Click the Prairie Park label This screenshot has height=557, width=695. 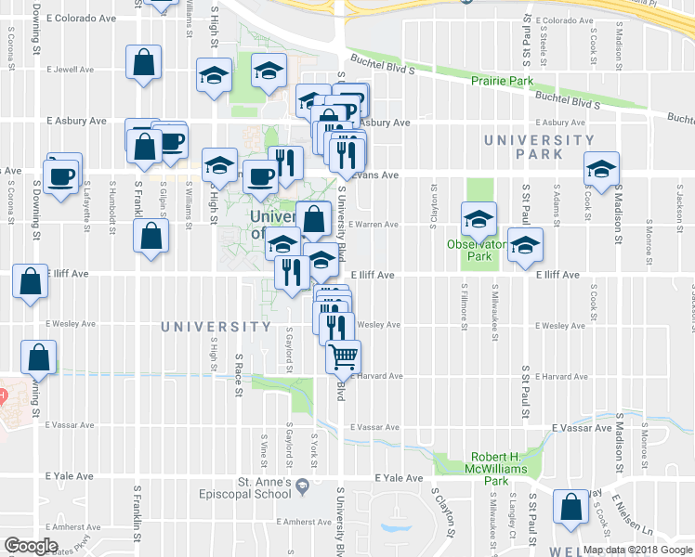click(x=503, y=82)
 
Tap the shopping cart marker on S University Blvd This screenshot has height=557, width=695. click(x=344, y=356)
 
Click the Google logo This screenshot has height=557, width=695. click(x=32, y=546)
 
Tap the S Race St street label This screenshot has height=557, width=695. click(x=240, y=371)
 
